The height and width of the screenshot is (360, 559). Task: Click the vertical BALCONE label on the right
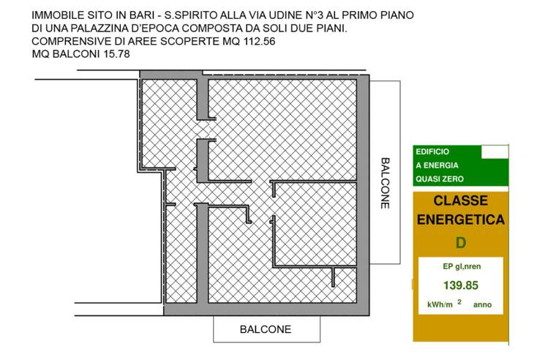click(385, 182)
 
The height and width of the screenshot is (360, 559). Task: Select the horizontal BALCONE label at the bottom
click(265, 329)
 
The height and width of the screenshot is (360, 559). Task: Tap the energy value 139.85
click(460, 285)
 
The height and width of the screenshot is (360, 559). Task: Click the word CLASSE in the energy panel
click(460, 200)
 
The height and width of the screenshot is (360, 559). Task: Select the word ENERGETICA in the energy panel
click(460, 220)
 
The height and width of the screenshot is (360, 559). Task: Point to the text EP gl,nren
click(460, 266)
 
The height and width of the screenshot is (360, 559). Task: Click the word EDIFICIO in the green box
click(432, 151)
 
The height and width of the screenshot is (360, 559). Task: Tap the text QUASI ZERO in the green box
click(440, 179)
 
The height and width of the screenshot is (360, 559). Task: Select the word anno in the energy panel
click(482, 304)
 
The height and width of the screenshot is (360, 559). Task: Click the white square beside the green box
click(495, 151)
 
